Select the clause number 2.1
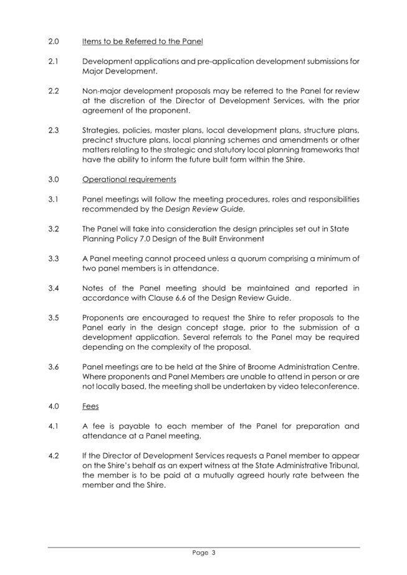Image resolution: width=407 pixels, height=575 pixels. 53,62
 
